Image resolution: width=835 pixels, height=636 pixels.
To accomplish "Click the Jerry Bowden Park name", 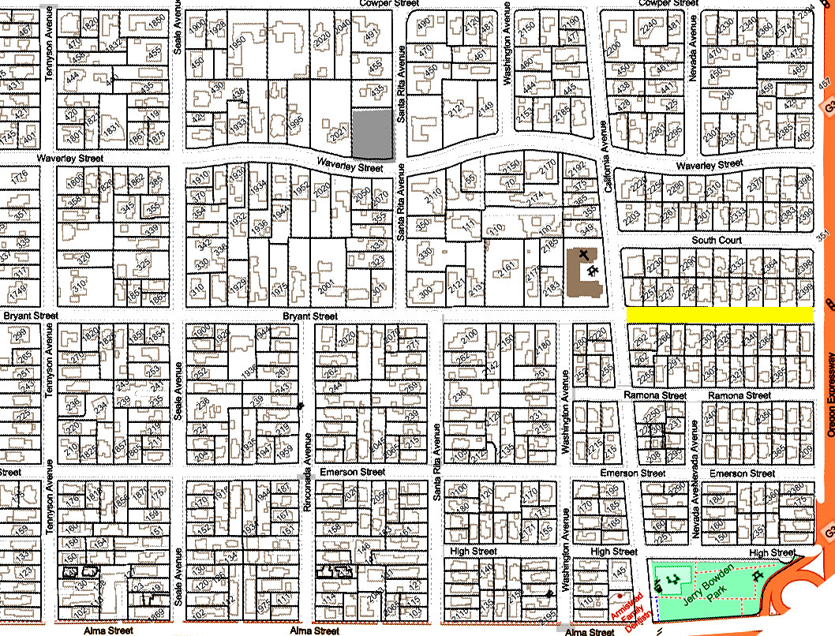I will pyautogui.click(x=709, y=589).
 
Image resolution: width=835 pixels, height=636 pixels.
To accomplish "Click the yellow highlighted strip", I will pyautogui.click(x=719, y=315).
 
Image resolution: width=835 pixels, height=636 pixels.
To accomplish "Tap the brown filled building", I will pyautogui.click(x=586, y=273).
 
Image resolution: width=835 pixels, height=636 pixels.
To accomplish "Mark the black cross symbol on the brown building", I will pyautogui.click(x=584, y=254).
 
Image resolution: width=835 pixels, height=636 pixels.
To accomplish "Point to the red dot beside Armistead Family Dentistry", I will pyautogui.click(x=620, y=596).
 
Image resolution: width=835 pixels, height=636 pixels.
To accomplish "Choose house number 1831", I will pyautogui.click(x=111, y=129).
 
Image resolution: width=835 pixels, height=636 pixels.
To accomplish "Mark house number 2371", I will pyautogui.click(x=754, y=293).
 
